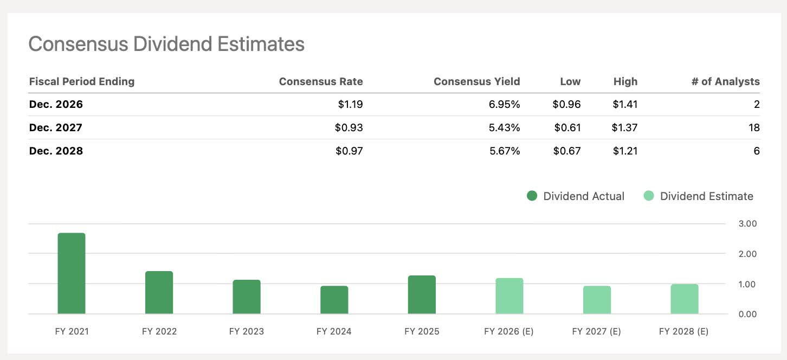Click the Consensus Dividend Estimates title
[x=166, y=44]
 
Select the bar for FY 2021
[x=72, y=274]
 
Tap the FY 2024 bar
[x=334, y=300]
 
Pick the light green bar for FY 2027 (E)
[x=597, y=300]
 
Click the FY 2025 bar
[x=422, y=295]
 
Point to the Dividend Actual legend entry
[x=576, y=196]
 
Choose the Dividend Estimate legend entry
[x=699, y=196]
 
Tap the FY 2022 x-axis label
[x=159, y=331]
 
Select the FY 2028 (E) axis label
[x=683, y=331]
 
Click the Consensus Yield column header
[x=476, y=82]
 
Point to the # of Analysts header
[x=725, y=82]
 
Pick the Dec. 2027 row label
[x=56, y=128]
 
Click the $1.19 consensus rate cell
[x=349, y=105]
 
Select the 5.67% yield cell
[x=505, y=151]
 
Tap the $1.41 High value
[x=625, y=105]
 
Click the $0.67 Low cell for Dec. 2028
[x=566, y=151]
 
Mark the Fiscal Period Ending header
[x=81, y=82]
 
